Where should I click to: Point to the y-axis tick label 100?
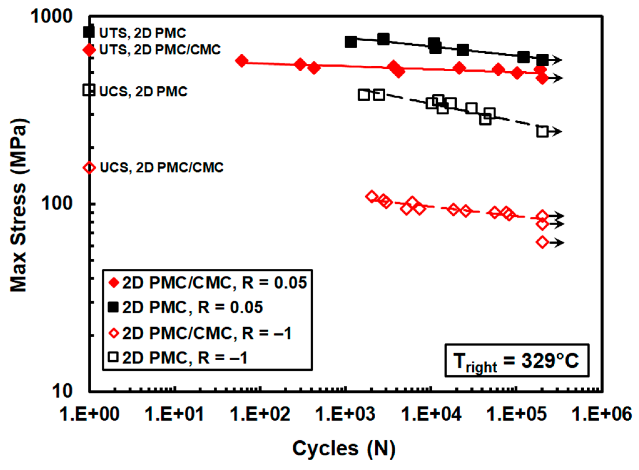click(x=57, y=203)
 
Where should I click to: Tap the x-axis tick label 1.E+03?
click(x=345, y=414)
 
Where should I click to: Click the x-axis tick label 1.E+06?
click(x=601, y=414)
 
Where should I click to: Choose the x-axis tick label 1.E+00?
click(x=89, y=414)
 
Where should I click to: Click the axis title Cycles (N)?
click(x=344, y=449)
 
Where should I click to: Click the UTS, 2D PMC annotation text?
click(x=143, y=33)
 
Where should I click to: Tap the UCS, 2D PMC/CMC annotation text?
click(x=162, y=167)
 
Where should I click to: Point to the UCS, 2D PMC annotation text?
click(x=143, y=91)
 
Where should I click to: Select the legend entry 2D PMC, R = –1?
click(x=178, y=358)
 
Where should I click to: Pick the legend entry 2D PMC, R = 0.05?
click(x=186, y=307)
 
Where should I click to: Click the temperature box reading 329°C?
click(x=517, y=360)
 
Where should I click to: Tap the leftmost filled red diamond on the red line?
click(x=241, y=61)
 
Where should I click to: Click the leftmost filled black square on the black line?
click(x=351, y=42)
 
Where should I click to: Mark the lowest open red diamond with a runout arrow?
click(x=543, y=242)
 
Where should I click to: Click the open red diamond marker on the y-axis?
click(x=89, y=167)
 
